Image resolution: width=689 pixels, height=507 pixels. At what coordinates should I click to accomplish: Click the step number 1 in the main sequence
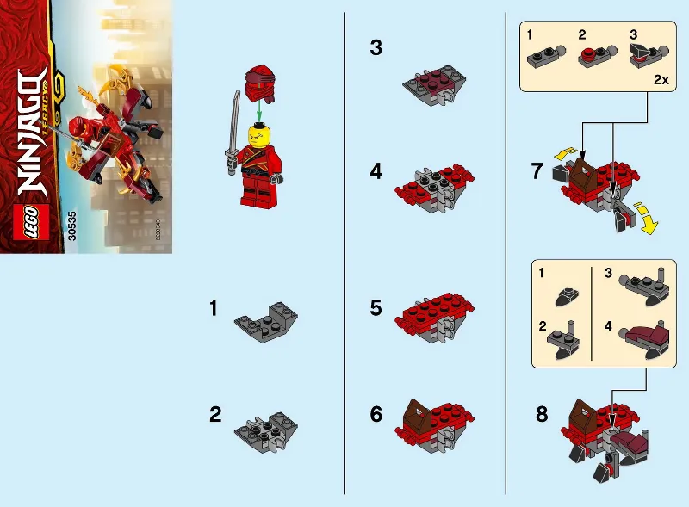point(215,306)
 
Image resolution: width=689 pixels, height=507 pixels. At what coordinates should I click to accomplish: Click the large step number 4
point(376,171)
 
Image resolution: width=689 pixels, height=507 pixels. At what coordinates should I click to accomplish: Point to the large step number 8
point(541,414)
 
